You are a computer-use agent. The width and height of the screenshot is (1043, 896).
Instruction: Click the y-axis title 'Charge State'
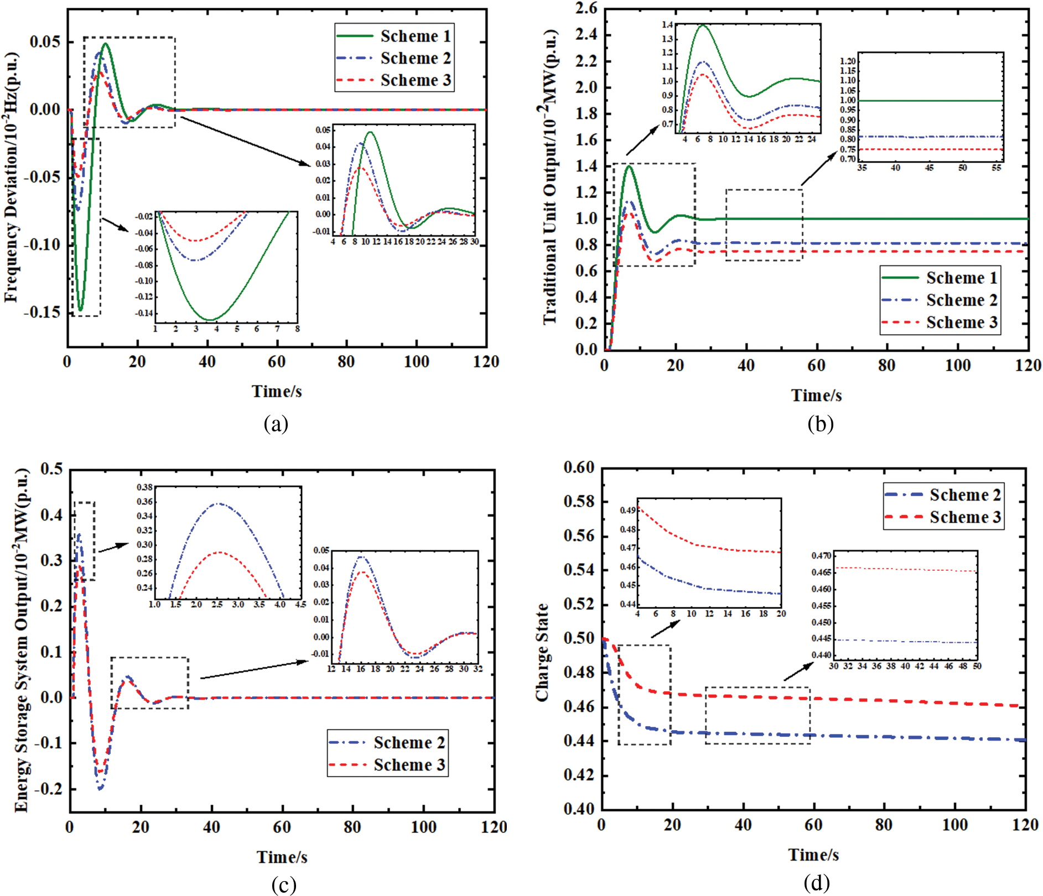(x=542, y=653)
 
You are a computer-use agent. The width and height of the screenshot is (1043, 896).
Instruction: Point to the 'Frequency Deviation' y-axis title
(x=12, y=177)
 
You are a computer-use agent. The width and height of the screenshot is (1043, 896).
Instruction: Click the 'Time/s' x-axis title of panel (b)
(x=816, y=395)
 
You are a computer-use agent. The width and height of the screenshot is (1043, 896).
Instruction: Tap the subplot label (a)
(x=276, y=424)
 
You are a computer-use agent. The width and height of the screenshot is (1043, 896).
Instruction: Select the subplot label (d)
(x=816, y=883)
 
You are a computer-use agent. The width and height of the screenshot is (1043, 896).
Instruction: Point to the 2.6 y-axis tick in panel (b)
(x=587, y=9)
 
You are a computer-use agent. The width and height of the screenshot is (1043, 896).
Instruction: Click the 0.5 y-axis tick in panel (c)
(x=51, y=470)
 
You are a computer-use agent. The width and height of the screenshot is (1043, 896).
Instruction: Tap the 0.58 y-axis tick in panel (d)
(x=579, y=502)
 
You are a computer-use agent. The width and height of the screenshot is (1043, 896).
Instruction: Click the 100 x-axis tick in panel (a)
(x=416, y=362)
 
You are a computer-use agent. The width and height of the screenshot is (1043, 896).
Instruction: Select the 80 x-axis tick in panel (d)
(x=884, y=825)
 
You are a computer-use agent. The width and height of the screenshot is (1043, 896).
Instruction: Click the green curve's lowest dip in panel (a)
(x=80, y=310)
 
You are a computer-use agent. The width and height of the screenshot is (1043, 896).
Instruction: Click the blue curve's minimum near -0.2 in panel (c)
(x=100, y=789)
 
